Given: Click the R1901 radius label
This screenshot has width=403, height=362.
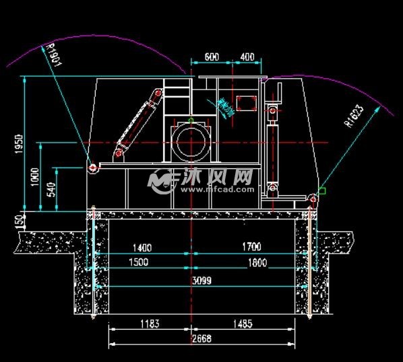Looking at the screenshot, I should point(53,55).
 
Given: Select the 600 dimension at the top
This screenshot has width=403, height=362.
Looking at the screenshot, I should point(211,57).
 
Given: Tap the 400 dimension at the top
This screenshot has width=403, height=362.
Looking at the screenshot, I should point(247,57).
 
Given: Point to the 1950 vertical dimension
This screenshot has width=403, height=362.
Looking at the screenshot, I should point(19,145).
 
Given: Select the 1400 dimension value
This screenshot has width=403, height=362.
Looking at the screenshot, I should point(142,248).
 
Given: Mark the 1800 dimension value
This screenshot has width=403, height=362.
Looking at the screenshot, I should point(257,262).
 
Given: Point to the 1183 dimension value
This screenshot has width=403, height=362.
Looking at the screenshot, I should point(150,324).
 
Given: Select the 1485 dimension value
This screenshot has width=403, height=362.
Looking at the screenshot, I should point(243,324).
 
